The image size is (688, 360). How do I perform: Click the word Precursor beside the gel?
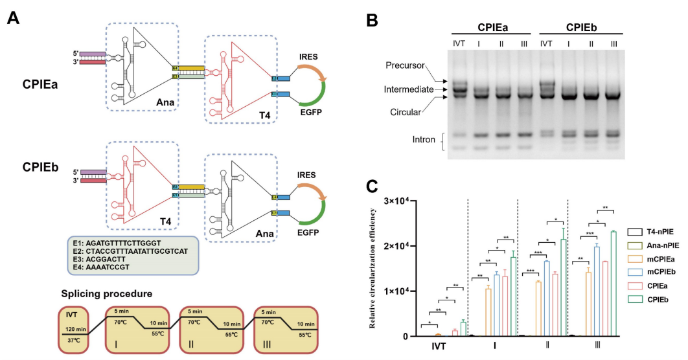[x=406, y=67]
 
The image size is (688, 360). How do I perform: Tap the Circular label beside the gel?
[x=407, y=111]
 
